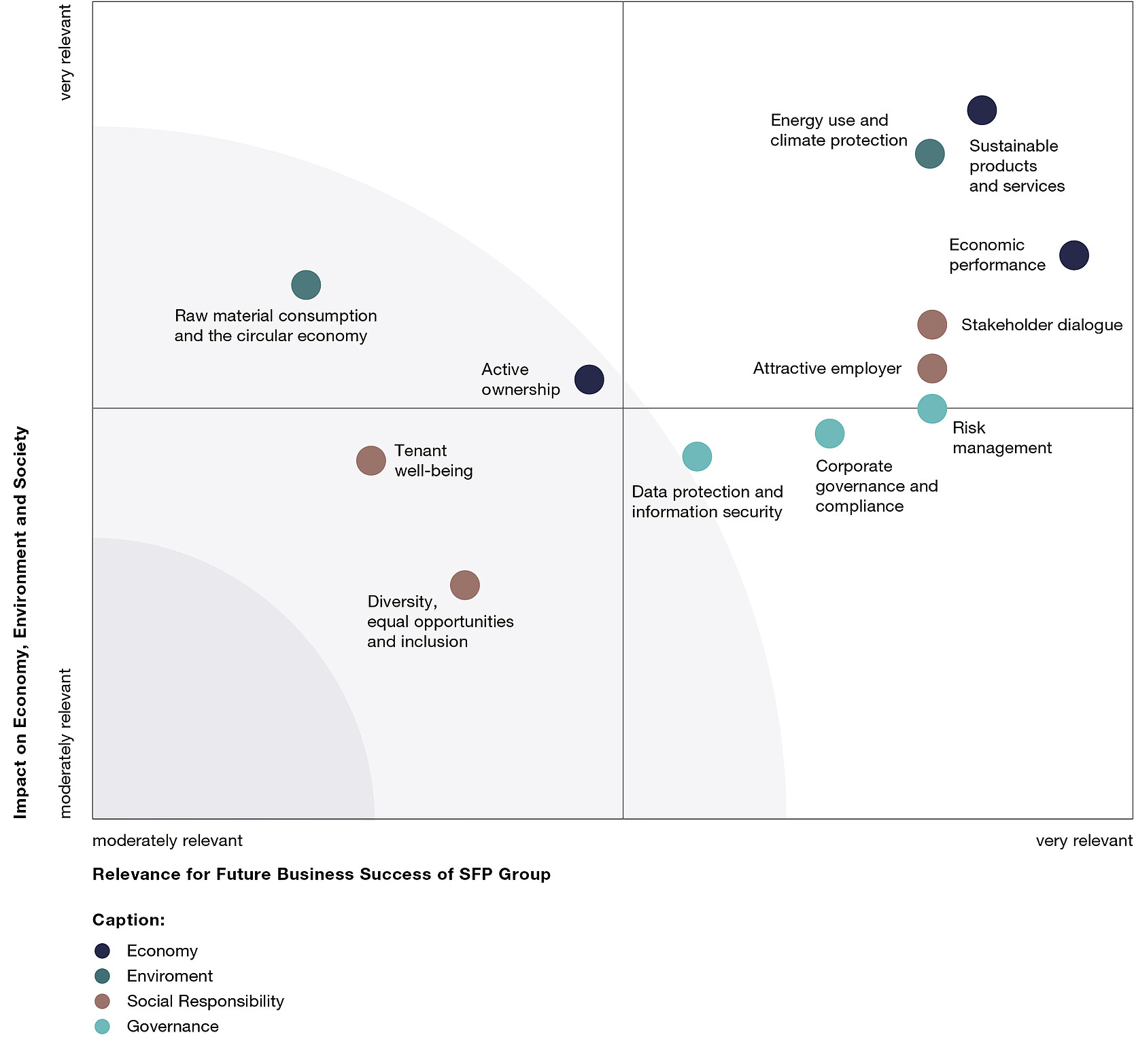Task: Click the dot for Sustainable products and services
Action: [x=982, y=110]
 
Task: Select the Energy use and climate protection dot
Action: [x=929, y=154]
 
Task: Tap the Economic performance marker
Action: [x=1073, y=255]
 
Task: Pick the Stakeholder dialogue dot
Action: [x=931, y=325]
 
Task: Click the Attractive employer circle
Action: [x=931, y=368]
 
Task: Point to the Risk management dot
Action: [x=931, y=409]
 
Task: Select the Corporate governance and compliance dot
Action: [x=829, y=434]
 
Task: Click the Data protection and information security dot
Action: [x=697, y=456]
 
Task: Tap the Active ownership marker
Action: [x=589, y=379]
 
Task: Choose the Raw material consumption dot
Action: [x=306, y=285]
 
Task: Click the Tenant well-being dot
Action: [x=371, y=461]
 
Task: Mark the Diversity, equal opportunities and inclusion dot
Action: [x=464, y=585]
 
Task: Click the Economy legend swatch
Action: [x=102, y=951]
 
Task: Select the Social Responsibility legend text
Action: [x=205, y=1001]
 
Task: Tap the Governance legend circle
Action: [x=102, y=1026]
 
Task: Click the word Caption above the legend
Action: [x=128, y=920]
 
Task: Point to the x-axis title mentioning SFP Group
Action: [x=321, y=874]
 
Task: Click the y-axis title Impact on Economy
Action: [x=21, y=622]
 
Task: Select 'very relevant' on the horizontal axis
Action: [x=1084, y=841]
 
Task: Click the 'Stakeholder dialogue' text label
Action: [x=1041, y=325]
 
